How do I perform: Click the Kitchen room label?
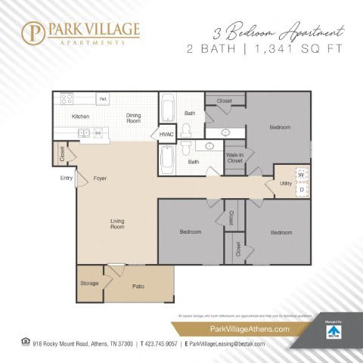(81, 116)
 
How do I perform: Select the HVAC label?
(166, 134)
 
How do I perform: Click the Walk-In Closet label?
(234, 157)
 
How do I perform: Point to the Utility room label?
(285, 183)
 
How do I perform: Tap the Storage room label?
(89, 283)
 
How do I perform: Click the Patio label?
(138, 287)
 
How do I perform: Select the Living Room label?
(117, 223)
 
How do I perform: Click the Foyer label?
(100, 178)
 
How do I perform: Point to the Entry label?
(66, 178)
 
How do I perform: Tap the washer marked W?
(301, 175)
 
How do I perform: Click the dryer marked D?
(301, 190)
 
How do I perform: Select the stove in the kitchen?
(66, 98)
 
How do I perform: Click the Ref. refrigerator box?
(102, 99)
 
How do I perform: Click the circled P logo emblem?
(33, 33)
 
